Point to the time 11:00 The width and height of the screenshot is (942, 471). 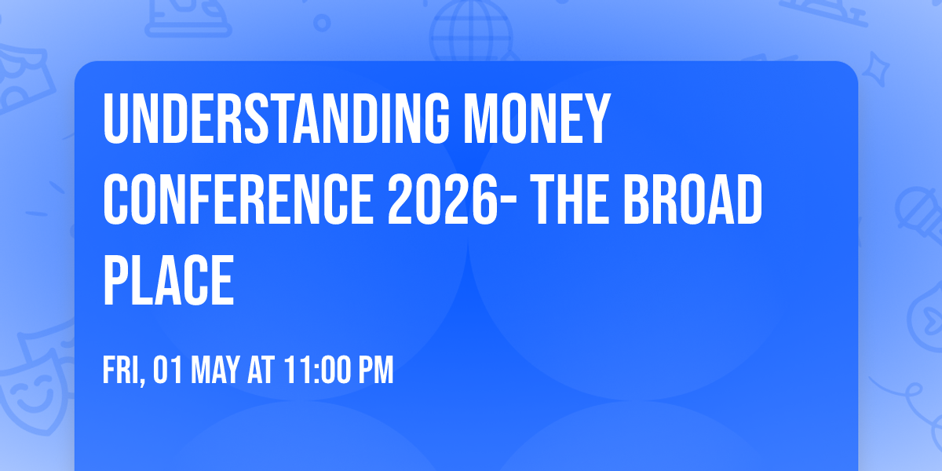click(x=317, y=371)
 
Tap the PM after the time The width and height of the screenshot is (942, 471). click(x=375, y=371)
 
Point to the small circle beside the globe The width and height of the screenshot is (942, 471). click(x=322, y=22)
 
